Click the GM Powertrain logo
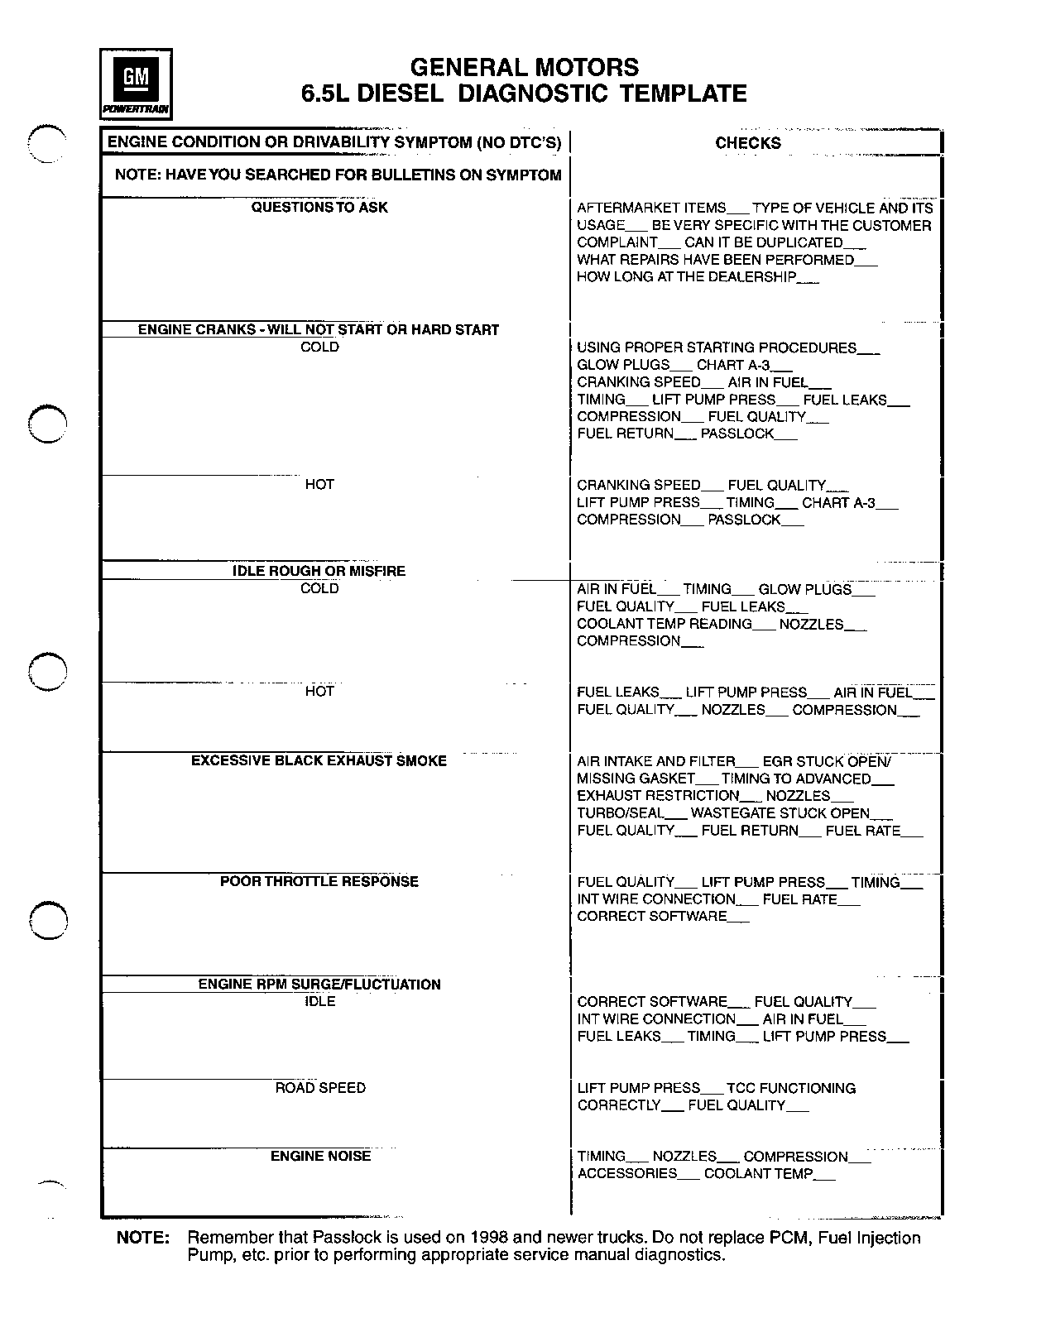136,84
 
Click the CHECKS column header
748,143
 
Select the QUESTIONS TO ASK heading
319,207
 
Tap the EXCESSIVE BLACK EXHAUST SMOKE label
319,760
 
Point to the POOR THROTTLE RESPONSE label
319,881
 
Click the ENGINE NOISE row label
320,1156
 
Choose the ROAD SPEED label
320,1087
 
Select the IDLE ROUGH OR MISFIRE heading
319,571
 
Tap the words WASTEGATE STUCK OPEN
780,813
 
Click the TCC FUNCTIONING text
791,1088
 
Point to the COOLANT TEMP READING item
665,624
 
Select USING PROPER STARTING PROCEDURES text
717,347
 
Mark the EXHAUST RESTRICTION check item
658,796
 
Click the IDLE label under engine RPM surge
320,1001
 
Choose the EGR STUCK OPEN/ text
827,761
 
